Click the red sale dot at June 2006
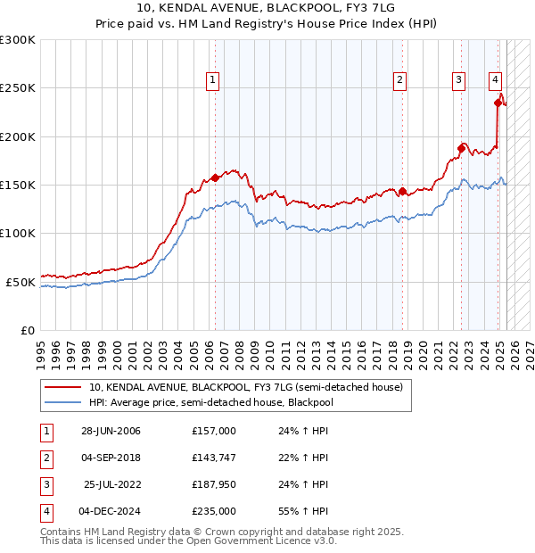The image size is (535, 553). (215, 177)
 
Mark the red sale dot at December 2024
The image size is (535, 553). (498, 103)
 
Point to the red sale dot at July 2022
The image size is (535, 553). (462, 148)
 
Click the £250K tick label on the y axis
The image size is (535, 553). (18, 88)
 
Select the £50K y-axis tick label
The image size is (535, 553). (21, 282)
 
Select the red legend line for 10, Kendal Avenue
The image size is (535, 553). (62, 387)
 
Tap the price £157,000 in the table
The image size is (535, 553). (213, 431)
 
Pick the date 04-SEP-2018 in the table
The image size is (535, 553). (111, 458)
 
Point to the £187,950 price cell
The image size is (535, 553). (213, 485)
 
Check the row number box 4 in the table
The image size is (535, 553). (45, 512)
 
